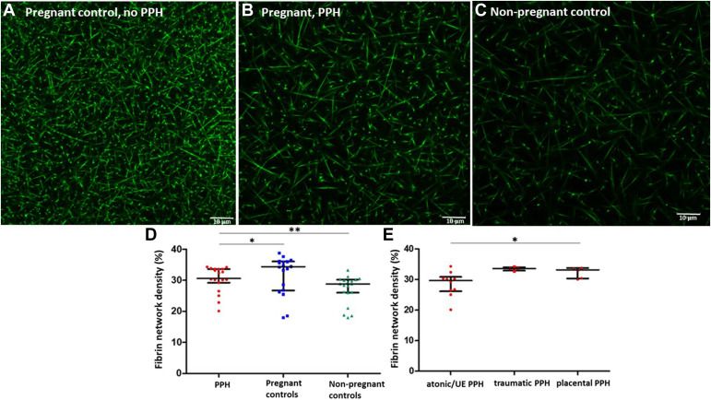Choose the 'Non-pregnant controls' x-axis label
coord(349,385)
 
